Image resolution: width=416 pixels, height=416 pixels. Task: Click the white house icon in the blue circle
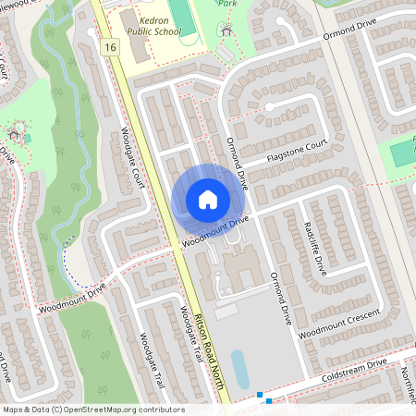tap(207, 200)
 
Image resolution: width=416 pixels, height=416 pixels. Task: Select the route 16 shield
tap(111, 47)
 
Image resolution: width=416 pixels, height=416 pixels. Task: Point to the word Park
tap(227, 4)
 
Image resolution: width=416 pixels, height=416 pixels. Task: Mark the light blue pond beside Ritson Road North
tap(239, 368)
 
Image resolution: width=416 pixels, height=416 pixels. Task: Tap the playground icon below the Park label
tap(226, 30)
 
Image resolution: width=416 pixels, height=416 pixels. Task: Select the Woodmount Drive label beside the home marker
tap(215, 232)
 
